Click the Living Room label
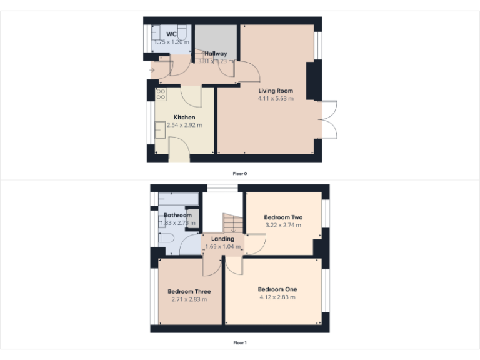coord(276,91)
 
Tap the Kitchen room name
coord(184,117)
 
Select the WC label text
coord(171,34)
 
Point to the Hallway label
coord(216,54)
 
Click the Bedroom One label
coord(277,289)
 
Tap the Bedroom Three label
coord(189,292)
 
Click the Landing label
coord(222,239)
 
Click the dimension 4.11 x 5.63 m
coord(276,98)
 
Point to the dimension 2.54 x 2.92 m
coord(184,125)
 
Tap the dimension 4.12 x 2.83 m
coord(277,297)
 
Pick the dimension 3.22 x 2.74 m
coord(283,225)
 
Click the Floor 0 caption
coord(241,173)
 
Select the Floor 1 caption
coord(241,342)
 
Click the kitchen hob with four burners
coord(161,94)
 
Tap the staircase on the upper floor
coord(232,222)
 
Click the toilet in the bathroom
coord(164,239)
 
